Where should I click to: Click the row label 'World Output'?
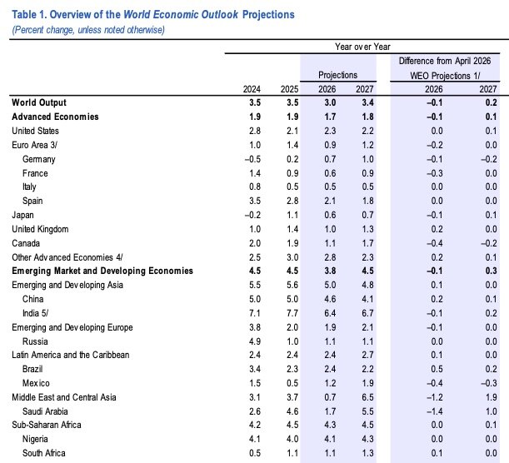pos(39,102)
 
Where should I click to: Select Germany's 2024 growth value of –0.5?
pos(252,159)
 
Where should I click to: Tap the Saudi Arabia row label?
pos(45,411)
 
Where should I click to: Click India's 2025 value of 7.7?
pos(292,313)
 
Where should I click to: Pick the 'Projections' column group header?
pos(337,75)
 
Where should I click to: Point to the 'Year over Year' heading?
pos(362,47)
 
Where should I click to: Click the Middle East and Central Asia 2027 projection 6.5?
pos(367,397)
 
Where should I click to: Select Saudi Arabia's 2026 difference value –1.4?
pos(434,411)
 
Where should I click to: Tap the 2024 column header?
pos(252,89)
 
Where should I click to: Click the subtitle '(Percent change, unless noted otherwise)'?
pos(88,30)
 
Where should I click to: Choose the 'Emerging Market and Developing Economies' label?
pos(102,271)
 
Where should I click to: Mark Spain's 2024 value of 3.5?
pos(255,201)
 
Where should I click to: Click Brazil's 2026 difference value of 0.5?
pos(437,369)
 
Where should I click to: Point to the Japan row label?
pos(22,215)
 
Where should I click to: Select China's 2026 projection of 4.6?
pos(330,299)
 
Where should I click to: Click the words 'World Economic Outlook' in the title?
pos(181,15)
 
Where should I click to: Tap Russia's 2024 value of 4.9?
pos(255,341)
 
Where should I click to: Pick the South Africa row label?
pos(44,453)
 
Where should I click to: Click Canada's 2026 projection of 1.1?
pos(330,243)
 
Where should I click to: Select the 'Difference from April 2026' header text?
pos(445,61)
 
